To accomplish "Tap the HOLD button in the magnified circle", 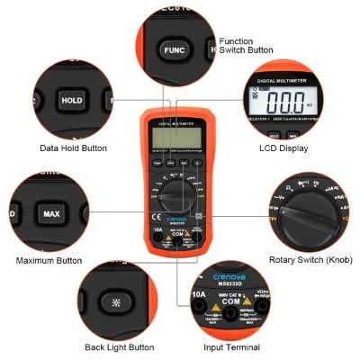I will [71, 101].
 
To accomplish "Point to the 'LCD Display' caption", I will [282, 148].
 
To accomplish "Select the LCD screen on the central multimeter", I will [179, 135].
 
